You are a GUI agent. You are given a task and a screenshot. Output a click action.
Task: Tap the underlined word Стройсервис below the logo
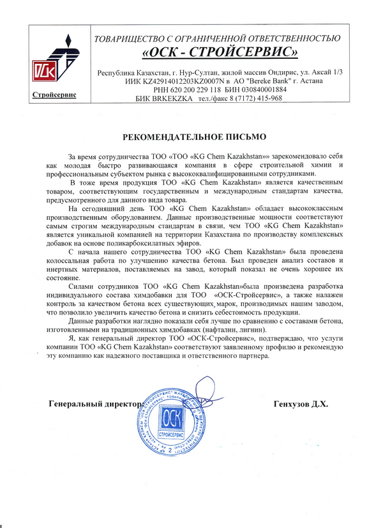54,95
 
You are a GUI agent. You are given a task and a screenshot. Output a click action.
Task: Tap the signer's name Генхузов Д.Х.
300,405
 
